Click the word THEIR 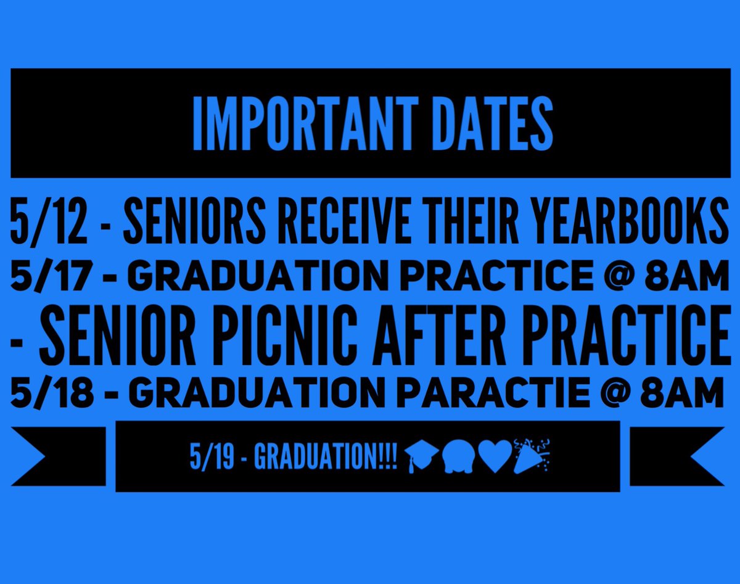[x=481, y=220]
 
